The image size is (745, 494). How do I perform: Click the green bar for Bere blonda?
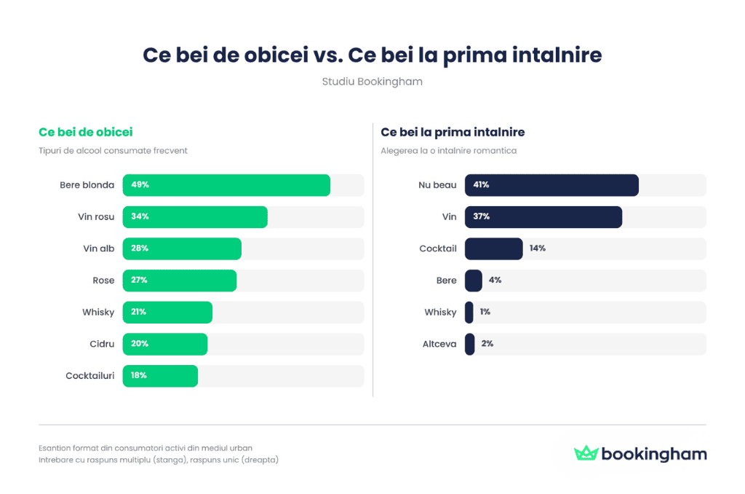click(x=226, y=185)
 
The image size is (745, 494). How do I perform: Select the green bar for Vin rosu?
click(x=195, y=217)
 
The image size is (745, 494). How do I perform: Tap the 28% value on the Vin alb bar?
click(x=140, y=248)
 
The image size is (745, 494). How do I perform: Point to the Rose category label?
click(x=103, y=281)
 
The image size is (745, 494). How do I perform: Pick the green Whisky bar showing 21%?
click(x=167, y=312)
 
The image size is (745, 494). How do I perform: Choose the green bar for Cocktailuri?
click(x=160, y=375)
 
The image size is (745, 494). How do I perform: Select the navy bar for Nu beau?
click(x=551, y=185)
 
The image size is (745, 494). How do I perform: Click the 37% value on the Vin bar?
click(x=481, y=217)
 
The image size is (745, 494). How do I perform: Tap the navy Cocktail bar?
click(x=493, y=248)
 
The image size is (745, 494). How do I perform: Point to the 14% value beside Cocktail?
click(x=538, y=248)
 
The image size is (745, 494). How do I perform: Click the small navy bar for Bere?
click(x=473, y=281)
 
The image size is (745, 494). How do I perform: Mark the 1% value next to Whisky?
click(x=485, y=312)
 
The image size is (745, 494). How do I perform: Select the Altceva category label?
click(x=439, y=344)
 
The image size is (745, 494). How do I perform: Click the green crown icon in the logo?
click(x=585, y=453)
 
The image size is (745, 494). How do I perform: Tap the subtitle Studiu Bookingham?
click(x=372, y=82)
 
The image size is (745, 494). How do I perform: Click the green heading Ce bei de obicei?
click(x=85, y=132)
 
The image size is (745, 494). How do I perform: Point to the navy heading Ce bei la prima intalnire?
click(x=453, y=132)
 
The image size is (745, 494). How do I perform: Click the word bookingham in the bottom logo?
click(x=653, y=454)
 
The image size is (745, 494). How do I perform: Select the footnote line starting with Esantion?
click(x=146, y=448)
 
